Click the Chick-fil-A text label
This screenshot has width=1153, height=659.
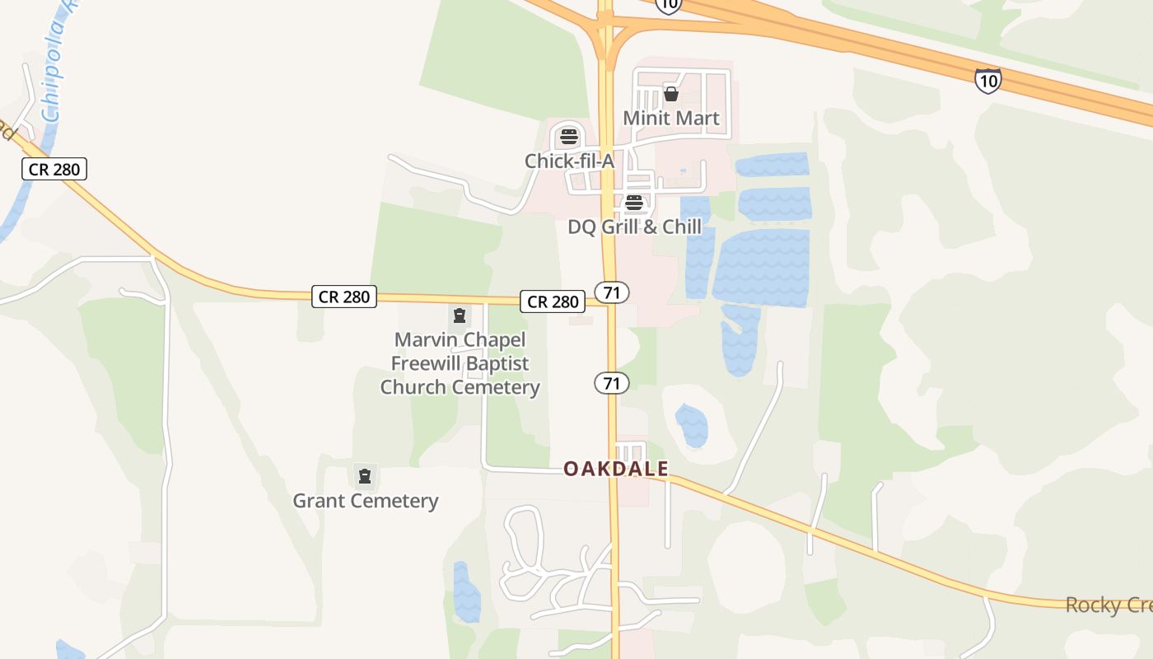pos(569,161)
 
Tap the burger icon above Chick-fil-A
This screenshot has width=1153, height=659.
pos(569,137)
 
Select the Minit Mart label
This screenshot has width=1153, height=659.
pos(670,118)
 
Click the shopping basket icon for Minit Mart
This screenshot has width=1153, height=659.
pos(671,94)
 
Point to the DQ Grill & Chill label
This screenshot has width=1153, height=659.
pos(634,226)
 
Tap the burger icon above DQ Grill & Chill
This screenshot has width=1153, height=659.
pos(633,203)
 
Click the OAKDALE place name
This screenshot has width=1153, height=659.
pos(616,469)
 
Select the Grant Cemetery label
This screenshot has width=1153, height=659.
pos(366,500)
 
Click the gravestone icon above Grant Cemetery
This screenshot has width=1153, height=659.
pos(365,475)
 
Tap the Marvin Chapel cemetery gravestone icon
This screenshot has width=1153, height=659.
pos(459,315)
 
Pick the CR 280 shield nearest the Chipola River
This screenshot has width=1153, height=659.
pos(54,170)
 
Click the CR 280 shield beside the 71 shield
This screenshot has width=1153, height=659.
pos(553,301)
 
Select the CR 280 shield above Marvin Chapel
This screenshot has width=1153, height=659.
pos(344,297)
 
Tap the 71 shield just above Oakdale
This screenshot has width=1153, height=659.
pos(612,382)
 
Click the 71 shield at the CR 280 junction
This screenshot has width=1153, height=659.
pos(612,292)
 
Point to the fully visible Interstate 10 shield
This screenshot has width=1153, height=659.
pos(987,80)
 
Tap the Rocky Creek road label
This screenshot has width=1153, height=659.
pos(1108,605)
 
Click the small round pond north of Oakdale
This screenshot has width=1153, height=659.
pos(692,425)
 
